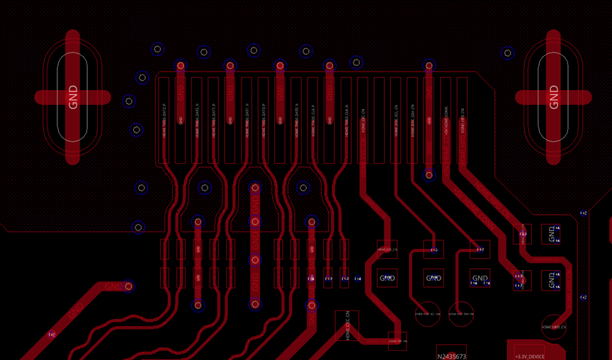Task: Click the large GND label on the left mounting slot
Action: (x=73, y=97)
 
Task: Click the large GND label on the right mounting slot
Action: (x=554, y=97)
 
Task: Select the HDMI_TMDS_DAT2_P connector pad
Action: (x=164, y=120)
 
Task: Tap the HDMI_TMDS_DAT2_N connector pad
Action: (x=197, y=120)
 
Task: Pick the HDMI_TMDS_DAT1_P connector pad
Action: (x=214, y=120)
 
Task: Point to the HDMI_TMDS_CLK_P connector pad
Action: (x=313, y=120)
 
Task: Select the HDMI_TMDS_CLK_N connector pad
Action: (x=346, y=120)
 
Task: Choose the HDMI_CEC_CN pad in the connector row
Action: (x=363, y=120)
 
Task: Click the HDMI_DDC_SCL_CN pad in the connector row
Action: (x=396, y=120)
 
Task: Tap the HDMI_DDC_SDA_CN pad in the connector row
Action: (x=412, y=120)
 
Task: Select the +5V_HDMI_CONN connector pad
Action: (x=446, y=120)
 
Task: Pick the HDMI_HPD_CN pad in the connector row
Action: (x=462, y=120)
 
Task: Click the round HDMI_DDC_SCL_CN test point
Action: (x=428, y=314)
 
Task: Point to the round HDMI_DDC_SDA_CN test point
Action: (x=461, y=314)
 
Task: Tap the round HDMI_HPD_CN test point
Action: (x=553, y=327)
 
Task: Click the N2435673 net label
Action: (x=451, y=356)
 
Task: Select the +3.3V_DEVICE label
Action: (x=530, y=356)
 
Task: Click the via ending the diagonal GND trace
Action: (x=128, y=286)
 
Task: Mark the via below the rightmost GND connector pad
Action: (x=429, y=175)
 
